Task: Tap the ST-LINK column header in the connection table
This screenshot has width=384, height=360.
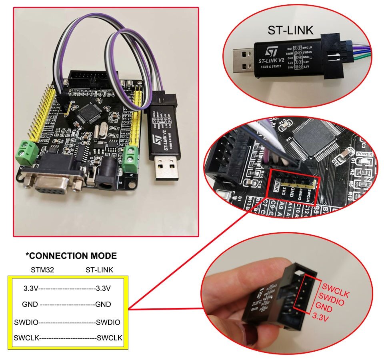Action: (x=99, y=270)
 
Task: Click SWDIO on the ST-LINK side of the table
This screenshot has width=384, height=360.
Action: (x=108, y=322)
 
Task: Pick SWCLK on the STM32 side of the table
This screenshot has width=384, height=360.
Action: (x=26, y=338)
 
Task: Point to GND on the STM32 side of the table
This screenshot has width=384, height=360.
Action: (x=30, y=304)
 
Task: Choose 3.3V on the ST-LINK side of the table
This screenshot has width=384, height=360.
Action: (x=103, y=288)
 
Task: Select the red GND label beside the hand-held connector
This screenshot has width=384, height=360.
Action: (x=324, y=310)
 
